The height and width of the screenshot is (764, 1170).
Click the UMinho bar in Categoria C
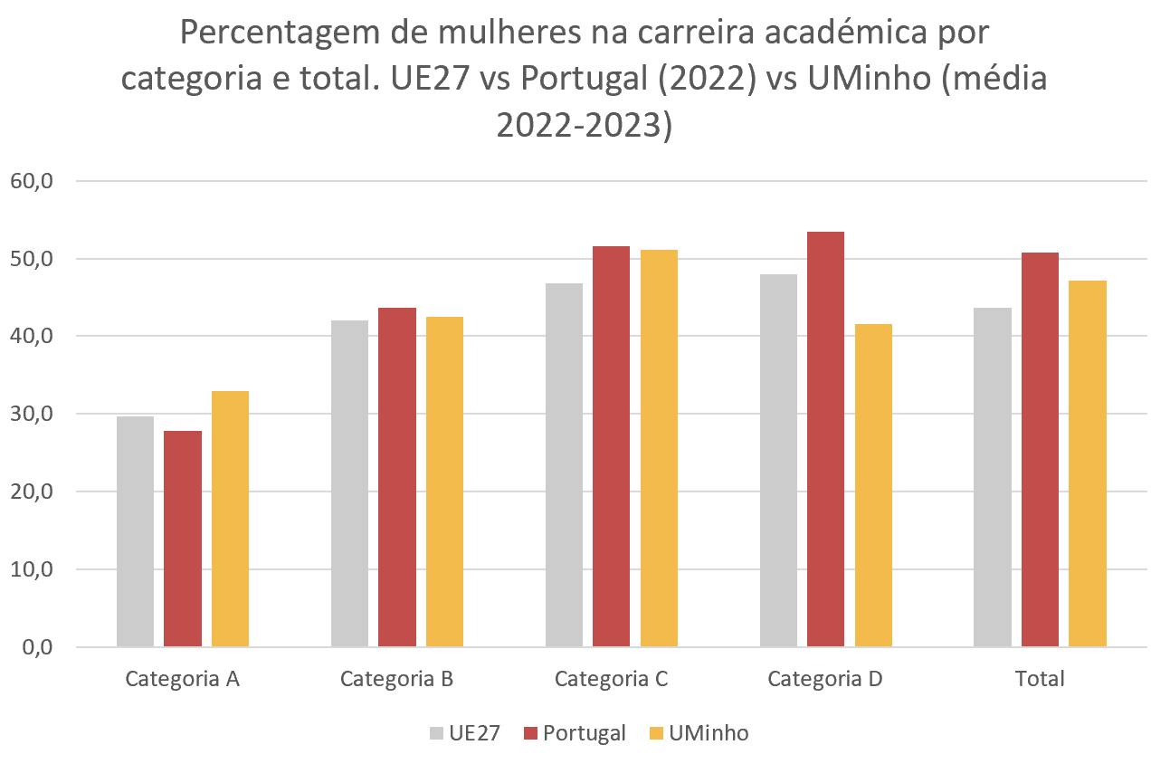click(x=659, y=448)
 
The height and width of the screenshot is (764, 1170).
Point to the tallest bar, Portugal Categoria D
click(x=825, y=439)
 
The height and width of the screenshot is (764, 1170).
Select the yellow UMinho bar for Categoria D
click(x=873, y=485)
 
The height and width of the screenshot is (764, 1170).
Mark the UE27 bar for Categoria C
click(x=564, y=465)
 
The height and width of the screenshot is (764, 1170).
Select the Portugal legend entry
click(x=575, y=733)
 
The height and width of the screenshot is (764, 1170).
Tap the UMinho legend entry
click(x=699, y=733)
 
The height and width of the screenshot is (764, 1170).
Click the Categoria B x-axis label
click(x=396, y=679)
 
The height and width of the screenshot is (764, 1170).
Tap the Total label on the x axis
click(x=1040, y=679)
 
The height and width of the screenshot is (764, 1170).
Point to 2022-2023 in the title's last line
click(x=585, y=124)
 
